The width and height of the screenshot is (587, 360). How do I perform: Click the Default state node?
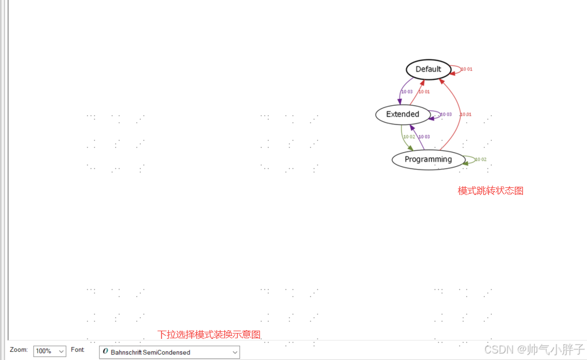click(428, 69)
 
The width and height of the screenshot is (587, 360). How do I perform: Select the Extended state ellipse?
click(402, 114)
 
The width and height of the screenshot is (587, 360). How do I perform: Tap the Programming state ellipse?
click(428, 159)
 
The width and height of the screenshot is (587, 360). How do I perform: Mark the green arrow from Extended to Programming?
click(403, 137)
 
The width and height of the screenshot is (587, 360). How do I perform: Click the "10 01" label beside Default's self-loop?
click(467, 69)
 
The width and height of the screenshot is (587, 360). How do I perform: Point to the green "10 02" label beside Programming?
click(481, 160)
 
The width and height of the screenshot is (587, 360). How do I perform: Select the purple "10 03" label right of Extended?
click(446, 115)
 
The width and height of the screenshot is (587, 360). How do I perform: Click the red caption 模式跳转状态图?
click(490, 191)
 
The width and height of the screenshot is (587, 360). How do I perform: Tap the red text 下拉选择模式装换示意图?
click(208, 334)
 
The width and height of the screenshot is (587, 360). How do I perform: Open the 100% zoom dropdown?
click(50, 351)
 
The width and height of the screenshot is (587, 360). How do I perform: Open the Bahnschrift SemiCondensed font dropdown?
click(169, 352)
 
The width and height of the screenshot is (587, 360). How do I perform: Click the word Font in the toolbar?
click(77, 350)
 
